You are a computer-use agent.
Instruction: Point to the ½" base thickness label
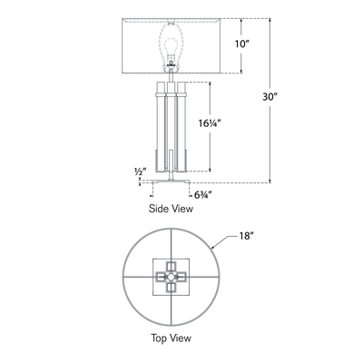139,171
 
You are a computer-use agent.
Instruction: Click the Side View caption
170,208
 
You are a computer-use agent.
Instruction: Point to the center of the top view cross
170,273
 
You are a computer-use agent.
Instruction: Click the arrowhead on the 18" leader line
214,245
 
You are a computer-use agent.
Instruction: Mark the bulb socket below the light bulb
169,69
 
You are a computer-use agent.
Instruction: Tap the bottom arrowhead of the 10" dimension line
240,74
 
